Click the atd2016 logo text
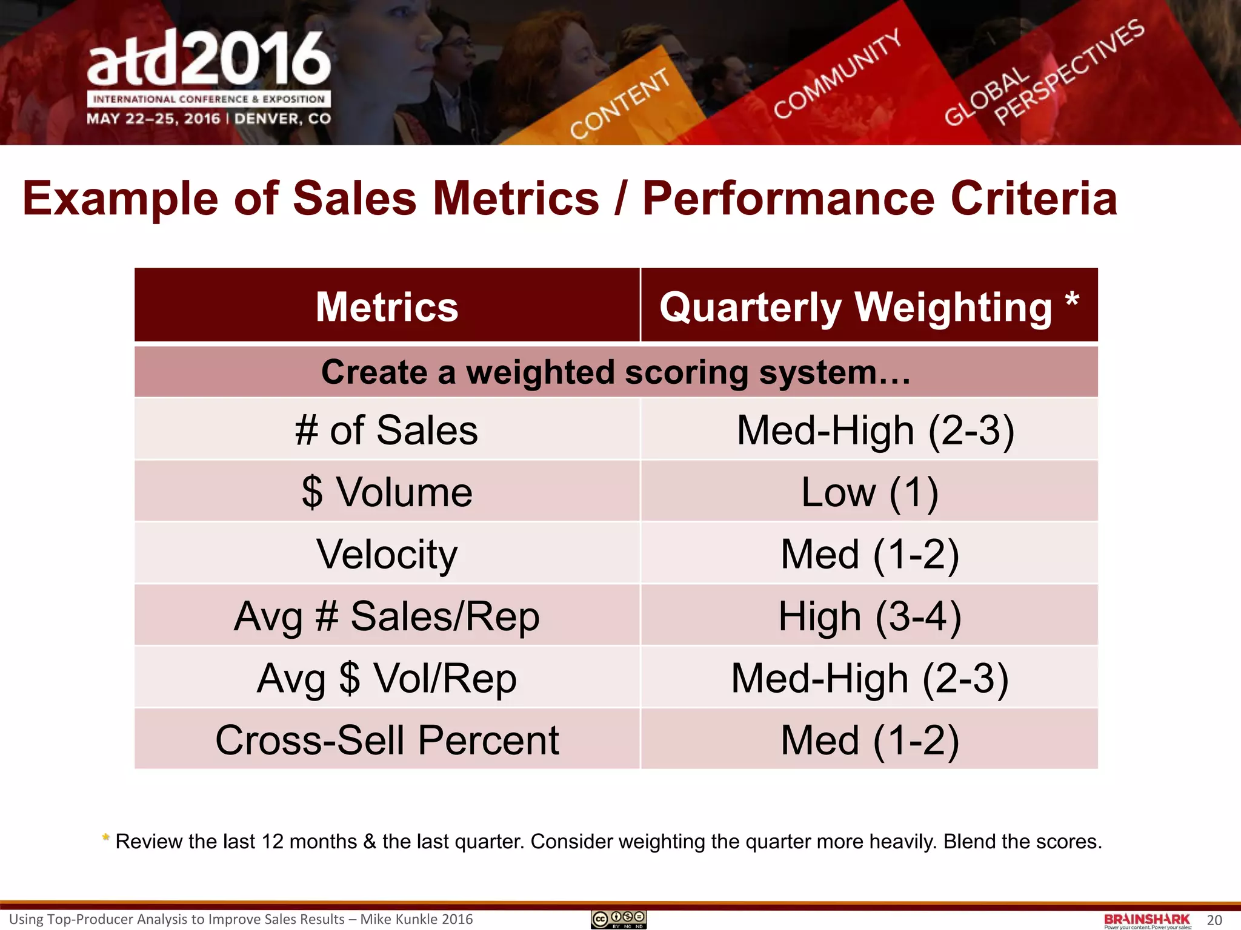point(208,59)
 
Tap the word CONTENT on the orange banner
point(619,104)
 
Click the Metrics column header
point(387,306)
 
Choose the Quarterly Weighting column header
point(869,306)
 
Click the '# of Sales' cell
point(387,430)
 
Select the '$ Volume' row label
point(387,492)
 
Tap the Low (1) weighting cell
point(869,492)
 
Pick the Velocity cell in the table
point(387,554)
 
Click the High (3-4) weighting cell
point(869,616)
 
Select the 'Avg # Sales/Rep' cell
point(387,616)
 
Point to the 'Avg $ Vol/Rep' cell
point(387,678)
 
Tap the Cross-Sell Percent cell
point(387,740)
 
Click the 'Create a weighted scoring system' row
point(616,372)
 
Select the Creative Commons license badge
point(619,919)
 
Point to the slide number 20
point(1214,920)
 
